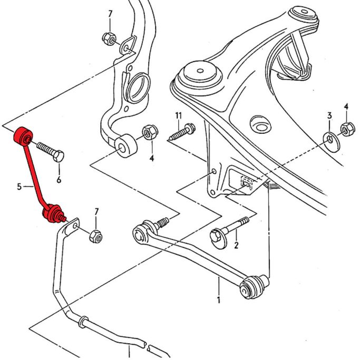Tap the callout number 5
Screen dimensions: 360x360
[x=20, y=187]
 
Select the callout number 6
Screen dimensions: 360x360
[x=59, y=180]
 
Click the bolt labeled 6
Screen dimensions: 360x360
[x=50, y=151]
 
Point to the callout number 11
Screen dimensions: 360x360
[x=178, y=115]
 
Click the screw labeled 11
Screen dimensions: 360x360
[x=182, y=132]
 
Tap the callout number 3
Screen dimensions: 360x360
[x=329, y=115]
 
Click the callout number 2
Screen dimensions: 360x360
[x=236, y=245]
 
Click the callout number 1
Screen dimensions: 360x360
[x=219, y=299]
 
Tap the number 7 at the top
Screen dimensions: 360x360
[x=110, y=14]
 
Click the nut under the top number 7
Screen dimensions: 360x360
[x=109, y=39]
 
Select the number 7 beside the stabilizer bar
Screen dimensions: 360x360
[x=96, y=212]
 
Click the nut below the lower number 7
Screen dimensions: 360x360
[x=96, y=236]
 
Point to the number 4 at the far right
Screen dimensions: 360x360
[x=346, y=106]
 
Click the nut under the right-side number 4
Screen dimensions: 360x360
[x=347, y=129]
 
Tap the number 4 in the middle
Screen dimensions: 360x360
[x=151, y=158]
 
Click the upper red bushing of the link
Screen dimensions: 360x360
[x=23, y=136]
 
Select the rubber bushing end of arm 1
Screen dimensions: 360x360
[x=252, y=287]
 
